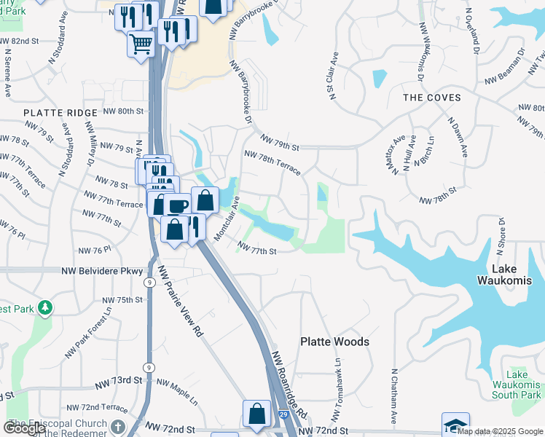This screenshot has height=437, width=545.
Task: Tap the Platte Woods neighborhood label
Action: click(335, 342)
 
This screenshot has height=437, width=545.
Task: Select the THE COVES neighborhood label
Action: click(432, 98)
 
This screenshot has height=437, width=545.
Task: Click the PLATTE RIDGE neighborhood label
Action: click(60, 113)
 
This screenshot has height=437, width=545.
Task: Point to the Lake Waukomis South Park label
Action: click(517, 385)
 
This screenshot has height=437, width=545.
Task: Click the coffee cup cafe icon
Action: click(176, 205)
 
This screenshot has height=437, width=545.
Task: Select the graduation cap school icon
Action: click(455, 425)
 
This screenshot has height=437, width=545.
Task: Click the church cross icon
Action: click(119, 425)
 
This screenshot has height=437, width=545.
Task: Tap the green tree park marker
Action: click(45, 308)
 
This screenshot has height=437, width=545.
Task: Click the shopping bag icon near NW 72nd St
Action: click(256, 413)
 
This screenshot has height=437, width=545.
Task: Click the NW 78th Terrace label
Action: click(272, 162)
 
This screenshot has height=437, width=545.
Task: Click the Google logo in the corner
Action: click(24, 428)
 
